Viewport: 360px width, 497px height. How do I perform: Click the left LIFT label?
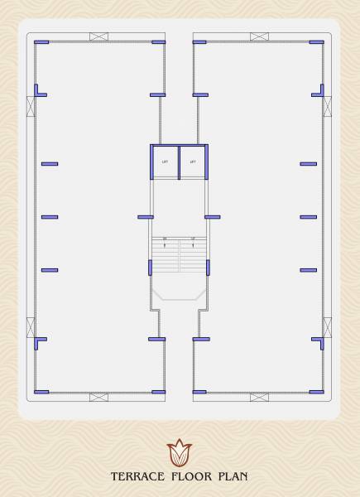point(166,162)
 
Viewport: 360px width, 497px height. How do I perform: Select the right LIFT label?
point(193,162)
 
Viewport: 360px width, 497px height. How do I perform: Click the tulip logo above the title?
point(179,453)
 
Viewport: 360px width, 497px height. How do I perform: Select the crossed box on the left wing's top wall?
point(98,36)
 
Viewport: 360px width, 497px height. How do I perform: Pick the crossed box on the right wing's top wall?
point(260,36)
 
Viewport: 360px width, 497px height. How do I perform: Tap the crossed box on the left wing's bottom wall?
point(98,397)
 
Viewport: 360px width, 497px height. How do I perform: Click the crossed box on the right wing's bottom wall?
point(260,397)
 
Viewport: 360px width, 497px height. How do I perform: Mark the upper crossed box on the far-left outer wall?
point(31,107)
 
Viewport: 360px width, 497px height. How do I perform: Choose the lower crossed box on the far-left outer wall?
point(31,326)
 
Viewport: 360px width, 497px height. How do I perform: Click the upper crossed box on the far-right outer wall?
point(328,107)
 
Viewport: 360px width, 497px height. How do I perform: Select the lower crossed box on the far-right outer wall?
point(328,326)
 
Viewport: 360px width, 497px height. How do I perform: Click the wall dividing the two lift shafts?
point(179,162)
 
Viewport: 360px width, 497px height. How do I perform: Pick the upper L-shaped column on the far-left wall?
point(38,91)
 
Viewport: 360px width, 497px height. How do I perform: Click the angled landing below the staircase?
point(179,293)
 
